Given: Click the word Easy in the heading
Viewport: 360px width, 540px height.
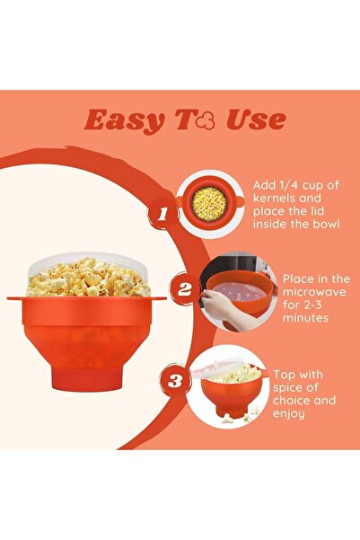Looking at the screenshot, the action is click(x=124, y=120).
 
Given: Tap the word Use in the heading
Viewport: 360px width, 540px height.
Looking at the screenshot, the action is click(x=256, y=120).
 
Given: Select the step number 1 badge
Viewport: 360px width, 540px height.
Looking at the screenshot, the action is click(x=162, y=214).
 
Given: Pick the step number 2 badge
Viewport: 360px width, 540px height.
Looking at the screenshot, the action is click(x=184, y=289).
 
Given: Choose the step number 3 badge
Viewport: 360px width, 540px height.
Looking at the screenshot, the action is click(x=175, y=381).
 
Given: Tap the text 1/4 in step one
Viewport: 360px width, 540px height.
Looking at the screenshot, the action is click(x=286, y=185).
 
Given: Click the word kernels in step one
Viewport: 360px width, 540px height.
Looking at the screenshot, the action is click(x=275, y=199).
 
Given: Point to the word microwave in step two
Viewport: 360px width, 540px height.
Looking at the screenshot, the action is click(x=314, y=292).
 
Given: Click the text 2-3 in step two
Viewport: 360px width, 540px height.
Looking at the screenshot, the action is click(x=311, y=305).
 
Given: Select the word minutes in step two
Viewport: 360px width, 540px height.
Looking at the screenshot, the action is click(x=305, y=317).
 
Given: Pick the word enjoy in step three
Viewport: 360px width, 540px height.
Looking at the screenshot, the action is click(x=289, y=414).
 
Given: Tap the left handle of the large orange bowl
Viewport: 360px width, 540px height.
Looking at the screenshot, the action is click(x=14, y=298).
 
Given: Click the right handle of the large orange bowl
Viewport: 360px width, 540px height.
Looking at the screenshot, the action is click(x=159, y=298).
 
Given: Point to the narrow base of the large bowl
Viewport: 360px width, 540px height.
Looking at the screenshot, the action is click(x=86, y=379).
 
